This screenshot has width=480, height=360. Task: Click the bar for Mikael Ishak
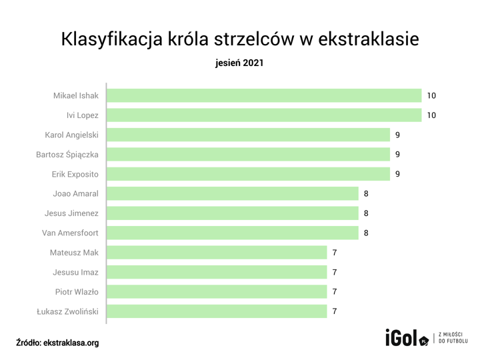point(264,96)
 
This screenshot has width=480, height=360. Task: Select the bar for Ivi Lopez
point(264,115)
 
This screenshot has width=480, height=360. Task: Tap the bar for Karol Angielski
point(248,135)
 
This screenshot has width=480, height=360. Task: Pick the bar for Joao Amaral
point(232,194)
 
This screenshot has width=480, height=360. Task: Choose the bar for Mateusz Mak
point(217,253)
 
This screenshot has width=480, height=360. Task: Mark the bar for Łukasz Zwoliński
point(217,311)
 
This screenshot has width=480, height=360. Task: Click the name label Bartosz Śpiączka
point(67,155)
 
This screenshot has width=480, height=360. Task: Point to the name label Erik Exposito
point(75,175)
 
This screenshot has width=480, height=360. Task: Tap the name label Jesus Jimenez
point(71,213)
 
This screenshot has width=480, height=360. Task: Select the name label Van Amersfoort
point(70,233)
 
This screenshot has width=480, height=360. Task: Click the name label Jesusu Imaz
point(76,272)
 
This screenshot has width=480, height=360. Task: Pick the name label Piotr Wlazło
point(77,292)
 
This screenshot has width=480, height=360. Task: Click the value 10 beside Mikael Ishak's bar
point(431,96)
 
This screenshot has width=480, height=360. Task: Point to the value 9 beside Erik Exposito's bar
point(397,175)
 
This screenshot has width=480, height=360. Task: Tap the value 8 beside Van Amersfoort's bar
point(366,233)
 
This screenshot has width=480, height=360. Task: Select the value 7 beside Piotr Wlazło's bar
point(335,292)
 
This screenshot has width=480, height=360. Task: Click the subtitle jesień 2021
point(240,64)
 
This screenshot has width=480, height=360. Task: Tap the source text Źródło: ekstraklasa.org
point(57,343)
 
